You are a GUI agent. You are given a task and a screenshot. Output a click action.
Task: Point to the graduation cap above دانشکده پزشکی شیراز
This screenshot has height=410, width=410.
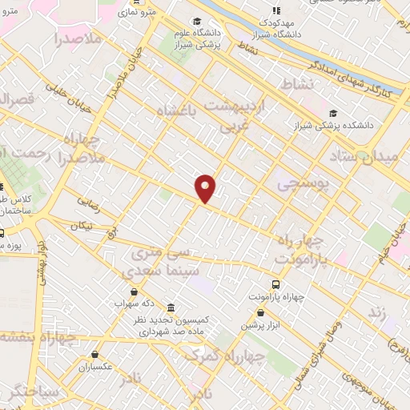pos(333,113)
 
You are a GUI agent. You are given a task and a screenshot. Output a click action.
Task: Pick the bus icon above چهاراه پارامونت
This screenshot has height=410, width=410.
pos(276,284)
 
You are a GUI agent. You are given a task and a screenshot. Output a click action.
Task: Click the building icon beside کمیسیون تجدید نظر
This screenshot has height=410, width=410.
pos(171,307)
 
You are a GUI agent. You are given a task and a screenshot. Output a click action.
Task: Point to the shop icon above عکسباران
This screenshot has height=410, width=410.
pos(95,354)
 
